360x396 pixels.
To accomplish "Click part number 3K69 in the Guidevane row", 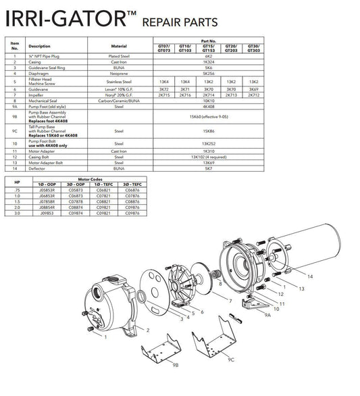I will pyautogui.click(x=253, y=89).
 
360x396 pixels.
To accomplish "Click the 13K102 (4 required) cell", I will pyautogui.click(x=209, y=157).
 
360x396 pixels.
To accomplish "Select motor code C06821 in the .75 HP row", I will pyautogui.click(x=100, y=191).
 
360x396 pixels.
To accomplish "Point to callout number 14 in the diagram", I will pyautogui.click(x=310, y=277).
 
